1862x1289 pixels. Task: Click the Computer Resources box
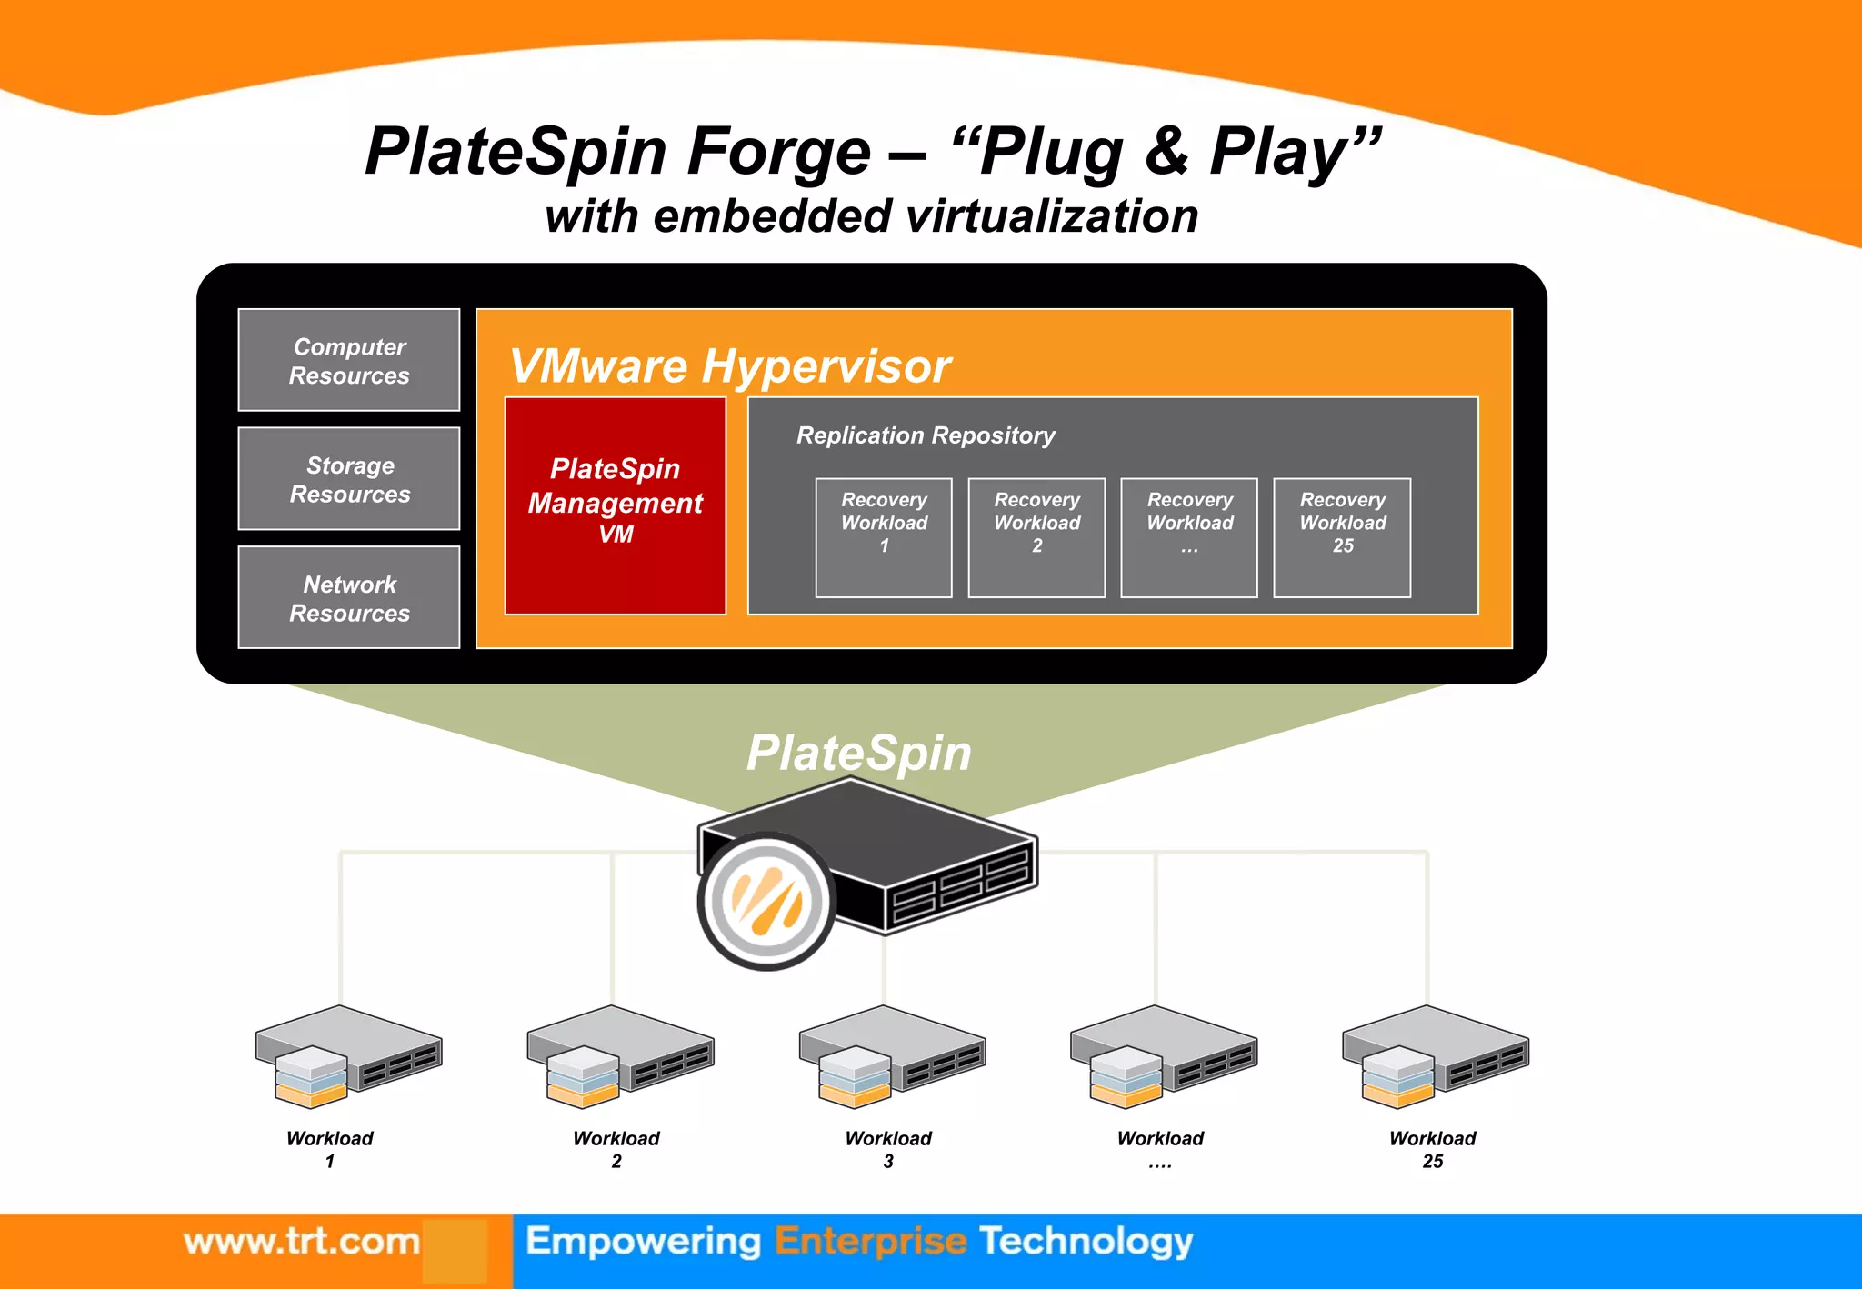[349, 360]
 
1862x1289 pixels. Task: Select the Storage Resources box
[349, 479]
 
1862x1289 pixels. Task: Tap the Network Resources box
[349, 597]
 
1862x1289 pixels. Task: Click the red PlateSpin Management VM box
[616, 505]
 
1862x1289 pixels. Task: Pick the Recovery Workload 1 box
[884, 537]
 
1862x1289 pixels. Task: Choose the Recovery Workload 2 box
[1036, 537]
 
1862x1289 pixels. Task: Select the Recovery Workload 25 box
[1342, 537]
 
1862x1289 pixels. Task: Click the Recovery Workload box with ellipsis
[1189, 537]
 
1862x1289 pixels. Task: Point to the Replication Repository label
[926, 435]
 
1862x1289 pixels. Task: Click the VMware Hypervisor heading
[730, 366]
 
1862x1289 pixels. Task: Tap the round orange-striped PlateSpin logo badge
[767, 901]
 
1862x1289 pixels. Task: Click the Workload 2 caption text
[616, 1148]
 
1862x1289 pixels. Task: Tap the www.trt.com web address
[302, 1241]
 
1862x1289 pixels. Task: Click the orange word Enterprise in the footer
[870, 1242]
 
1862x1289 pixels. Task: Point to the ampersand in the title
[1166, 151]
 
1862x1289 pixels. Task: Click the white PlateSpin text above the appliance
[859, 753]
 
